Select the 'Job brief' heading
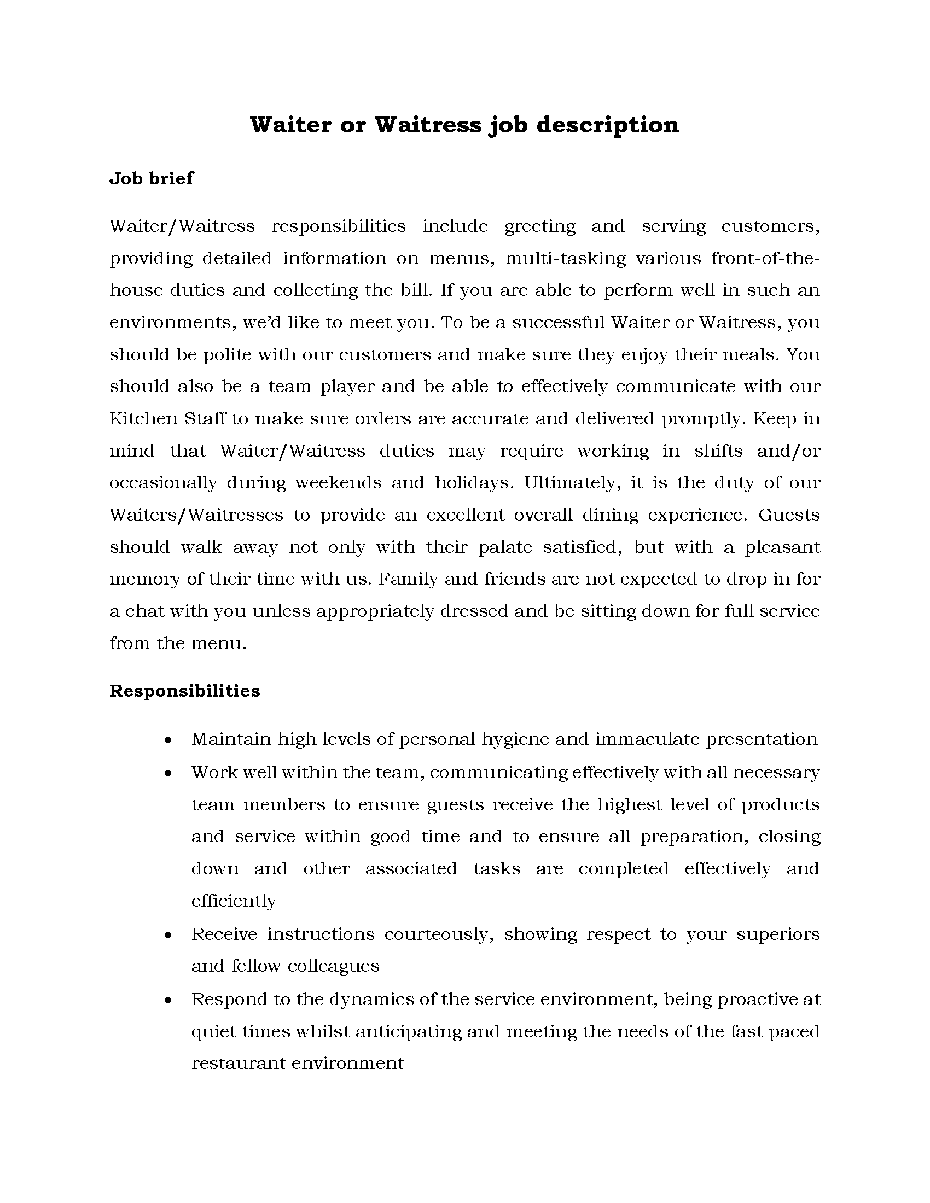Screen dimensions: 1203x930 coord(152,178)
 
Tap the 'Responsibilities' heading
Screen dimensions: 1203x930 coord(184,691)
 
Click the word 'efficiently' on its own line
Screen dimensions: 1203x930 coord(234,901)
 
